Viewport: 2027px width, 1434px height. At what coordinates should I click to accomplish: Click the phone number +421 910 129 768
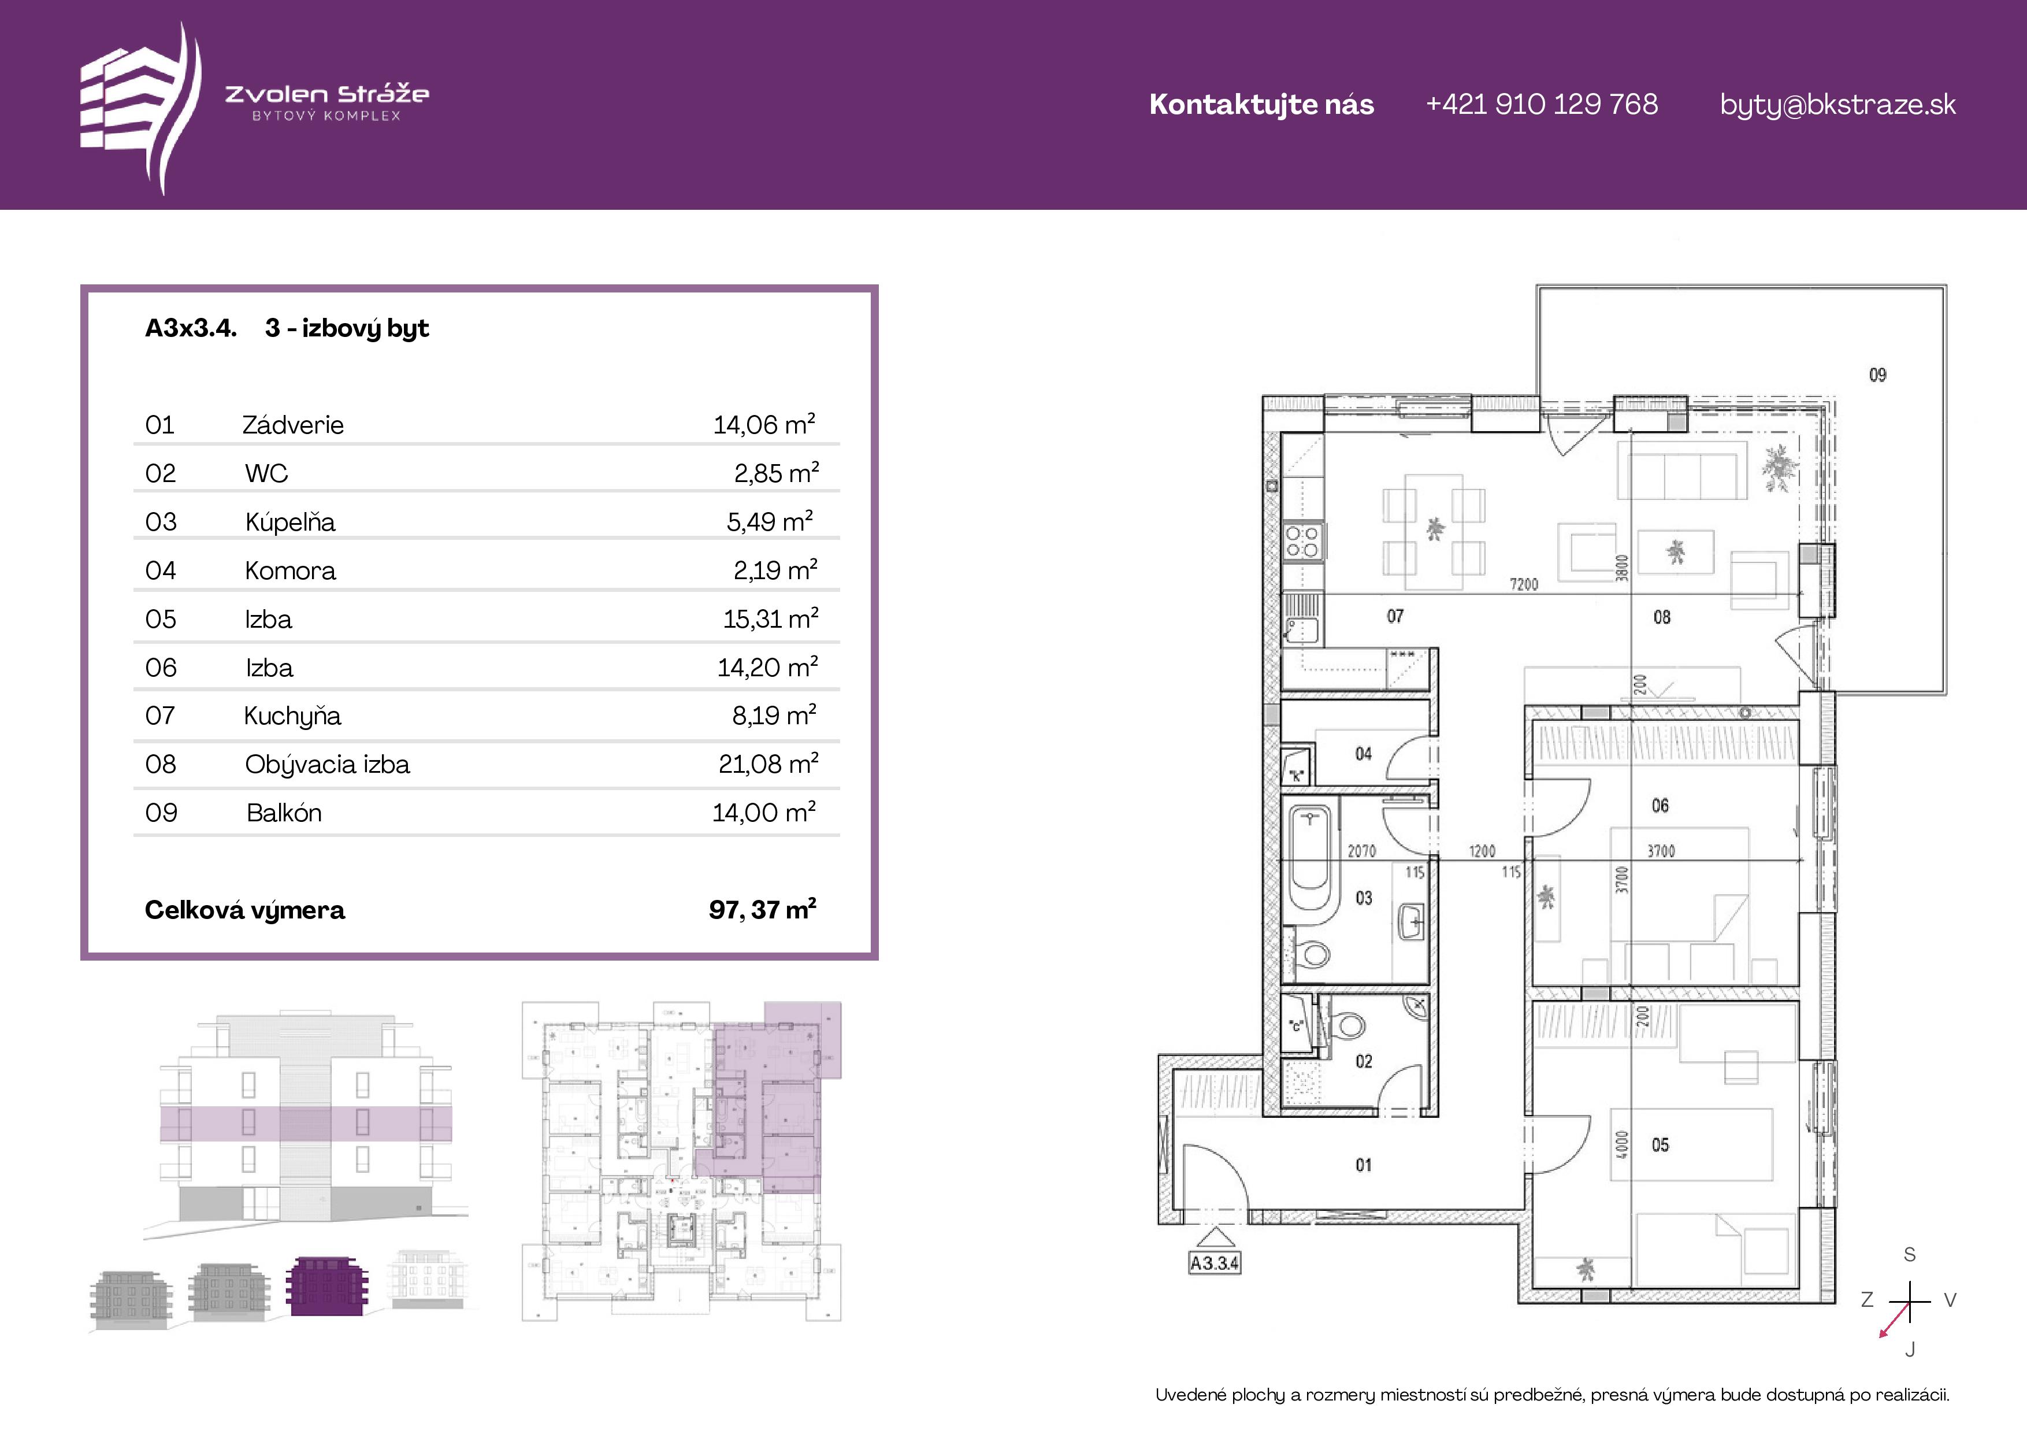1542,104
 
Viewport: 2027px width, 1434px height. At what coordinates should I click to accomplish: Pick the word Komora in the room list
291,570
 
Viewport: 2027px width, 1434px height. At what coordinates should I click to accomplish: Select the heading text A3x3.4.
191,328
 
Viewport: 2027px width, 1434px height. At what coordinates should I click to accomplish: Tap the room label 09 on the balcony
1878,375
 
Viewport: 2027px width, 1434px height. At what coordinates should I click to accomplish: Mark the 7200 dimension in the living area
1524,584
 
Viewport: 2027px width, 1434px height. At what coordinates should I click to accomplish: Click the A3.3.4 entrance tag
1215,1263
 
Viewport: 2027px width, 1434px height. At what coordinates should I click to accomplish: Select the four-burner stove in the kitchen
1302,541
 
